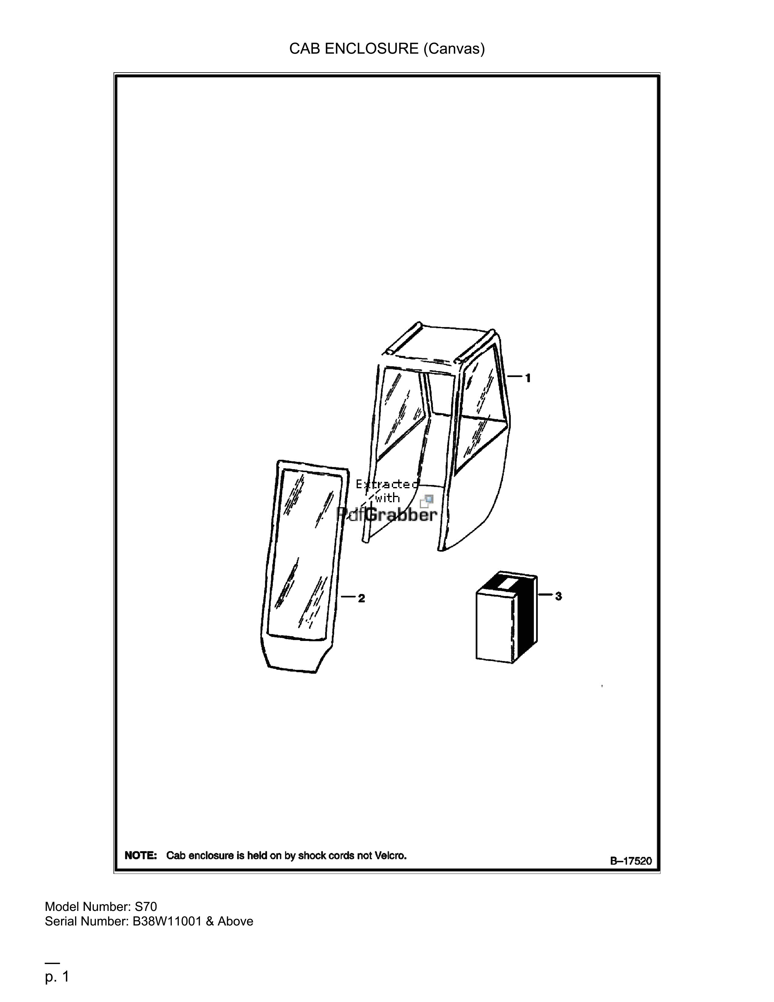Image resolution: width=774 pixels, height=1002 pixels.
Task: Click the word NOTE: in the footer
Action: pyautogui.click(x=141, y=856)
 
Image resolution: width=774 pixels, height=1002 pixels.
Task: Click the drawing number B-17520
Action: pyautogui.click(x=630, y=861)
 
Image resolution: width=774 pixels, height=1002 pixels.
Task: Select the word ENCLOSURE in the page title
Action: pyautogui.click(x=372, y=49)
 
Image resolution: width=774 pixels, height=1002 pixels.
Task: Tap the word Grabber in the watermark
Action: pyautogui.click(x=401, y=514)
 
